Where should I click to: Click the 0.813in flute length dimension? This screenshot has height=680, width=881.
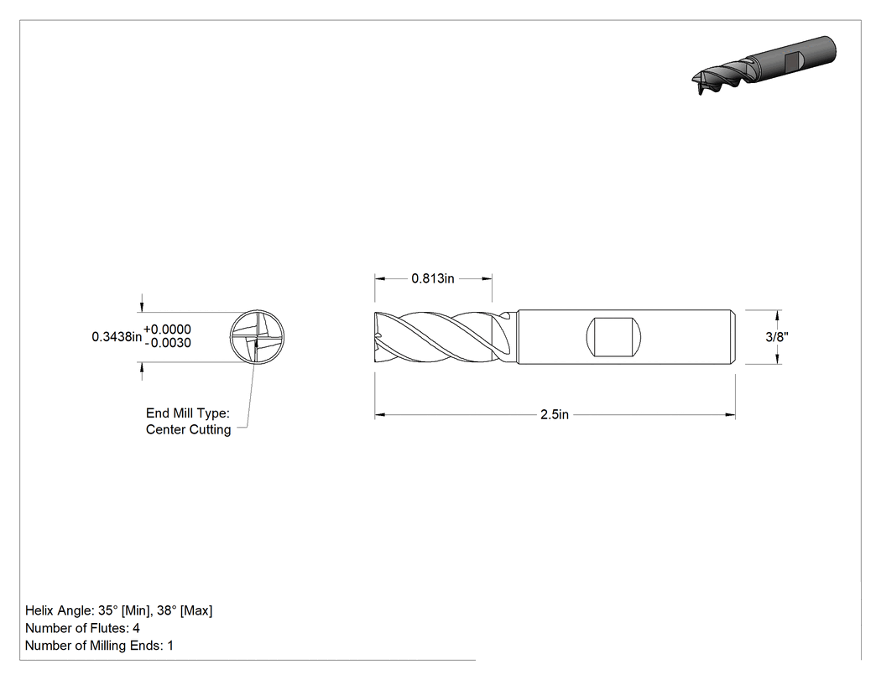433,278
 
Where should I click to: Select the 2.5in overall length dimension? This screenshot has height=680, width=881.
554,415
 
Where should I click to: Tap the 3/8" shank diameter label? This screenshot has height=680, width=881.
777,337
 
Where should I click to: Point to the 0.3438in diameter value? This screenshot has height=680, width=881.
117,336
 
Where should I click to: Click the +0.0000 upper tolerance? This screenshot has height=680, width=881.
168,329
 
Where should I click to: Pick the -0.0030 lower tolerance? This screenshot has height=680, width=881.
168,343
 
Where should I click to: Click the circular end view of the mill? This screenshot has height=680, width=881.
258,337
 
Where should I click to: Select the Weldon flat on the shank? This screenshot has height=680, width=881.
614,337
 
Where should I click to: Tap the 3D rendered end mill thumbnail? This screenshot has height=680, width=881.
764,65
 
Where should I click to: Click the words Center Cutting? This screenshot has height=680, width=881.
188,429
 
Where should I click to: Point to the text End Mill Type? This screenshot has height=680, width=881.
188,413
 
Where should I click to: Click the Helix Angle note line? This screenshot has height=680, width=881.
118,610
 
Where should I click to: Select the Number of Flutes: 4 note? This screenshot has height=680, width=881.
82,628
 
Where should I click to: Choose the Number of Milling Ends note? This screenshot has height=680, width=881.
99,646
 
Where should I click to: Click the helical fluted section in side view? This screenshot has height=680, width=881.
444,337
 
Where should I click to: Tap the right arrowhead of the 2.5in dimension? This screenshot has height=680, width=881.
730,415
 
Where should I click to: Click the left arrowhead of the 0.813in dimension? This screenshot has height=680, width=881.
380,278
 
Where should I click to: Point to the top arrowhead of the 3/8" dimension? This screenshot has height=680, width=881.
778,315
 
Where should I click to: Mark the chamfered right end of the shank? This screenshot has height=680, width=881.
733,337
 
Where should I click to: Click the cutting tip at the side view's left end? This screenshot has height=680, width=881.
377,337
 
